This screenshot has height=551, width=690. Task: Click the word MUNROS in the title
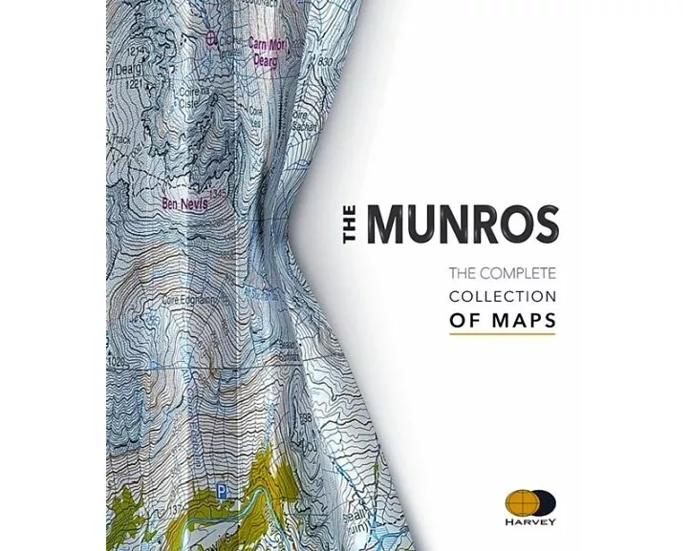464,223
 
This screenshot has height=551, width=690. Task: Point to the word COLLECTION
503,297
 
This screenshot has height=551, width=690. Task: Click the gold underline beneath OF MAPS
503,334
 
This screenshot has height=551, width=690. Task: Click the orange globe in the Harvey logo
520,501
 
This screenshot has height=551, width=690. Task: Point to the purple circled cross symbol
211,38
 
